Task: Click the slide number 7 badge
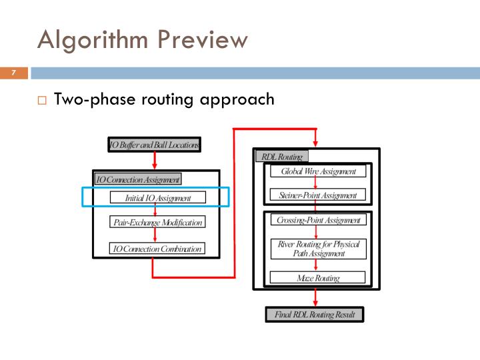click(14, 73)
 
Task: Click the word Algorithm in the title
click(93, 41)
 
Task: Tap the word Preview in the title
click(203, 39)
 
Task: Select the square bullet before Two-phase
click(42, 101)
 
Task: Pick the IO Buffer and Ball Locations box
click(154, 145)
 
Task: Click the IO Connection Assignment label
click(138, 179)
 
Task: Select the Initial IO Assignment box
click(157, 197)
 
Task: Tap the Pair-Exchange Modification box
click(157, 221)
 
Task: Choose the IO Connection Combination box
click(157, 248)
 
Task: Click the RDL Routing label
click(282, 157)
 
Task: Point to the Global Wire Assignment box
click(318, 171)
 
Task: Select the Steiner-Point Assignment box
click(318, 195)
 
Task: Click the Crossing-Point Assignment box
click(319, 220)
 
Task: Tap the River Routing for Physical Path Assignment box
click(319, 249)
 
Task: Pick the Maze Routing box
click(318, 277)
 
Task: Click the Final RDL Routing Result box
click(315, 315)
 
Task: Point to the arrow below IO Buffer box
click(155, 161)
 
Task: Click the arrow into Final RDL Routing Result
click(315, 298)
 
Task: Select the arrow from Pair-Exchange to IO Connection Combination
click(155, 235)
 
